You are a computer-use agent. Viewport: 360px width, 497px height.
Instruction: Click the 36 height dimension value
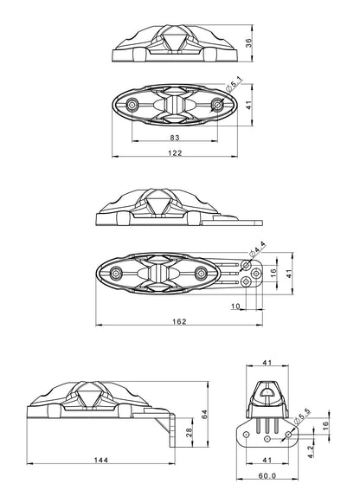tap(248, 43)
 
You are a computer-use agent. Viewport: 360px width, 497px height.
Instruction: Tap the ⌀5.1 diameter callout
tap(234, 82)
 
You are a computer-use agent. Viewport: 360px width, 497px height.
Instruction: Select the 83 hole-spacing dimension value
tap(175, 138)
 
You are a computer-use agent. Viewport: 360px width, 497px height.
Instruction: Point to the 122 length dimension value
tap(175, 153)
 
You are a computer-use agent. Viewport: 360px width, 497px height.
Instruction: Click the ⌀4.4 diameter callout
tap(257, 249)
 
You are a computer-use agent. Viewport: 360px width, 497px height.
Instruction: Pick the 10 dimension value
tap(235, 307)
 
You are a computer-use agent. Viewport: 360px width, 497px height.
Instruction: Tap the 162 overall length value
tap(179, 321)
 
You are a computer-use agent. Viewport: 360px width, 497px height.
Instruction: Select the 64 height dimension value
tap(205, 414)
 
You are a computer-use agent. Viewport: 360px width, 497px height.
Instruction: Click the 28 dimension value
tap(190, 433)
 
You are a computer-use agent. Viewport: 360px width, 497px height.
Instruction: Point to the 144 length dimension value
tap(101, 460)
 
